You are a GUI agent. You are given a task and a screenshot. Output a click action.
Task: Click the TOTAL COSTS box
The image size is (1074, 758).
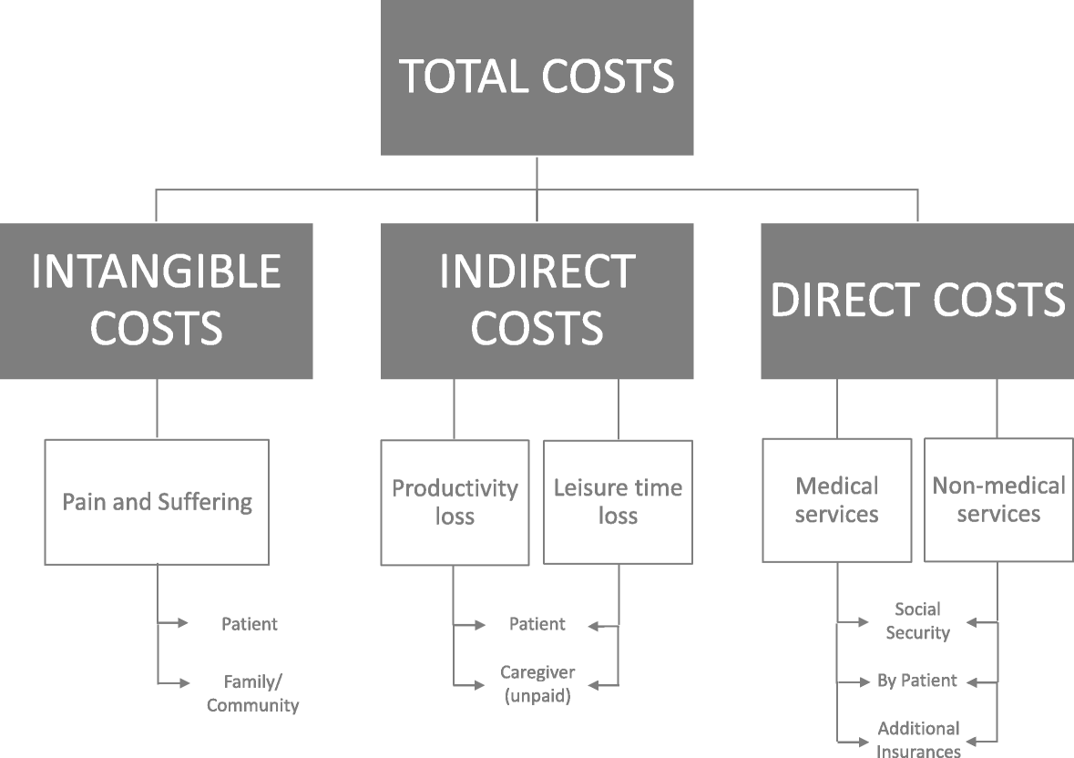(537, 77)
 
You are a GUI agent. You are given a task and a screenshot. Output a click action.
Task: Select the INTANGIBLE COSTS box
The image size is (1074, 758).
(157, 301)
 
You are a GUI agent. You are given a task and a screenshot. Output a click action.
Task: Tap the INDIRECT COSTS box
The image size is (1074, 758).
(537, 301)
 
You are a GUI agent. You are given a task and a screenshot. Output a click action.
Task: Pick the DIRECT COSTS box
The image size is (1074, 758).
(917, 301)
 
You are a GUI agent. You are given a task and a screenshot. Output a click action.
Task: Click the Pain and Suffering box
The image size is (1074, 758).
(157, 502)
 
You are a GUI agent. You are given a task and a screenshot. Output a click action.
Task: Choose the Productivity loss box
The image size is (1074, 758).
(455, 502)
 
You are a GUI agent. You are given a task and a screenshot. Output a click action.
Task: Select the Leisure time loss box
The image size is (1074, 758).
(618, 502)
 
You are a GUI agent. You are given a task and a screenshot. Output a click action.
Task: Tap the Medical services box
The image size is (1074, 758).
(836, 500)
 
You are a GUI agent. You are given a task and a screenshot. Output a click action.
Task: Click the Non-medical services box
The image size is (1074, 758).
(998, 499)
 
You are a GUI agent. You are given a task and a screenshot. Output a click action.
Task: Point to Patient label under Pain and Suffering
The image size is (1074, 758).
(250, 624)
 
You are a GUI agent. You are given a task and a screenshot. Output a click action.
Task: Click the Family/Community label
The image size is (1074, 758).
(252, 693)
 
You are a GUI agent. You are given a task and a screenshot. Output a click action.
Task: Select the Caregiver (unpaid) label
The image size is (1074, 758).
(537, 684)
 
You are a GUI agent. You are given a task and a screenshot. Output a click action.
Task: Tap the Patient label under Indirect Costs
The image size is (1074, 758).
(537, 624)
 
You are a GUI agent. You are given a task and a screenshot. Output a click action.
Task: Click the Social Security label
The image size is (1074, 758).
(917, 620)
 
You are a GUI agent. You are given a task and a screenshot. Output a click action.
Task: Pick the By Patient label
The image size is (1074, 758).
(917, 681)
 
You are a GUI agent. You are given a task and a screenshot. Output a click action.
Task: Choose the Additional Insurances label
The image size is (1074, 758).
(918, 740)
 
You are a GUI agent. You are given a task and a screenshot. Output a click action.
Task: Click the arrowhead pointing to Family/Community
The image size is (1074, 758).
(183, 682)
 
